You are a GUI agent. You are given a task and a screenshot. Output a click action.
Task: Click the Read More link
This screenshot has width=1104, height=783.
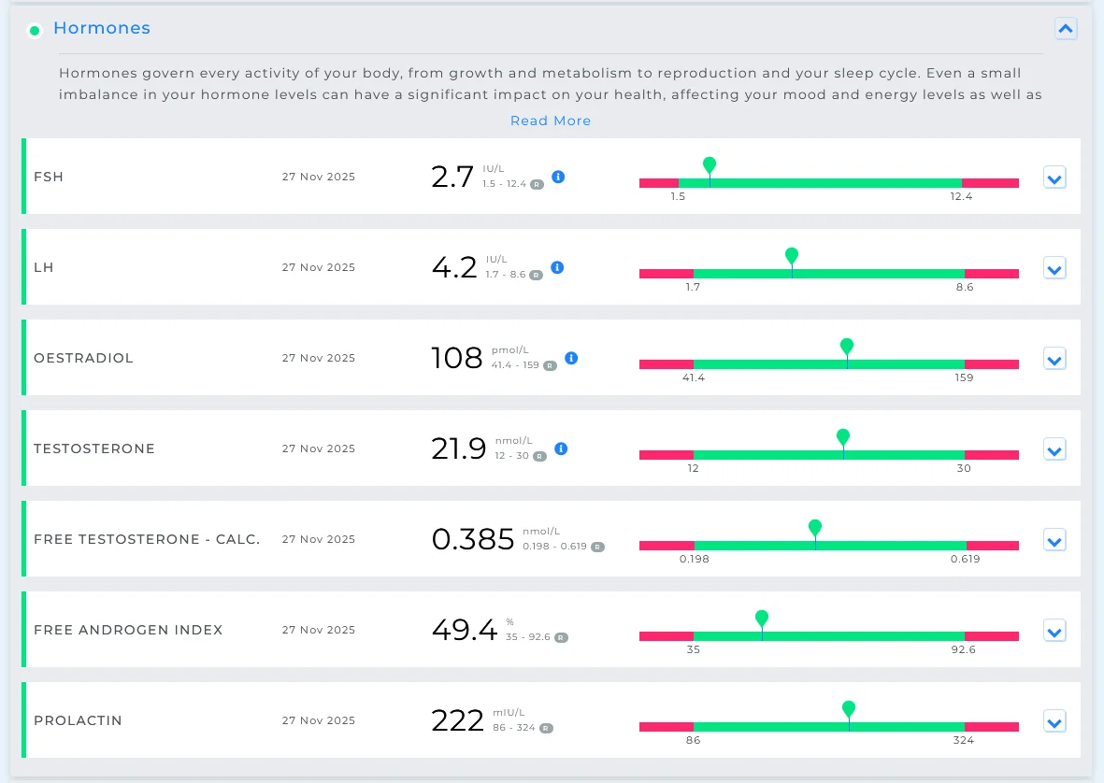point(551,121)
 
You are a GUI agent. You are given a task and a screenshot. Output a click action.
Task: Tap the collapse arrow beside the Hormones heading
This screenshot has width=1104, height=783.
point(1066,29)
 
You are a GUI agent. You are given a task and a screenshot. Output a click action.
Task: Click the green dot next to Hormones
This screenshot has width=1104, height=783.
point(35,30)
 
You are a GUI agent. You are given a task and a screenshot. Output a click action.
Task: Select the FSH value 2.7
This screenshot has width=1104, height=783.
point(452,177)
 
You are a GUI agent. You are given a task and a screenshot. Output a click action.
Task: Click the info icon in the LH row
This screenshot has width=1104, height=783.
point(557,267)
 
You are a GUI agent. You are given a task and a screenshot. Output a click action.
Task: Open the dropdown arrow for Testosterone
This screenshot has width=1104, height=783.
point(1054,449)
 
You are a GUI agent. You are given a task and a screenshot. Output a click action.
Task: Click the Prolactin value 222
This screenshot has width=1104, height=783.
point(458,720)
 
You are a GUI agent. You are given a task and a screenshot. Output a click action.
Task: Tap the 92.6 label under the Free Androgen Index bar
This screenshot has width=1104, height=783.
point(963,649)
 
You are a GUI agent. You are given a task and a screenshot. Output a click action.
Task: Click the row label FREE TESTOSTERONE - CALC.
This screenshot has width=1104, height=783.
point(147,539)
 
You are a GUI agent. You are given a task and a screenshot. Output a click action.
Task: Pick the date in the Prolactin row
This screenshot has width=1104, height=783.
point(318,720)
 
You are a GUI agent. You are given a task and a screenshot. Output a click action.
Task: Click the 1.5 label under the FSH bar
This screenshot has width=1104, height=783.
point(678,196)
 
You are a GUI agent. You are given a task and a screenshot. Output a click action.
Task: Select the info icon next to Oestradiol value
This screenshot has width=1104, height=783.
point(572,358)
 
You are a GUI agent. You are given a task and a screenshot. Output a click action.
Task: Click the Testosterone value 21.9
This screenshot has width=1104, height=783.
point(459,448)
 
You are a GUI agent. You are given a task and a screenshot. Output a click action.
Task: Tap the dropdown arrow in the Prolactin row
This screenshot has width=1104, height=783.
point(1054,721)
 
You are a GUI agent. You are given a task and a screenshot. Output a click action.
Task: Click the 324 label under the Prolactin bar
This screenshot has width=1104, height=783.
point(963,740)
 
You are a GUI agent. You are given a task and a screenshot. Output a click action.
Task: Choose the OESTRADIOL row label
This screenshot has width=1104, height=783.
point(84,358)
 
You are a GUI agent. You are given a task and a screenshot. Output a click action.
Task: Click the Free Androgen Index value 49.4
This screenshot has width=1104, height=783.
point(465,630)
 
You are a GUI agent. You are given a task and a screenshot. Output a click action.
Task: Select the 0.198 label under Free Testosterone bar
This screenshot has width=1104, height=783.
point(695,559)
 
